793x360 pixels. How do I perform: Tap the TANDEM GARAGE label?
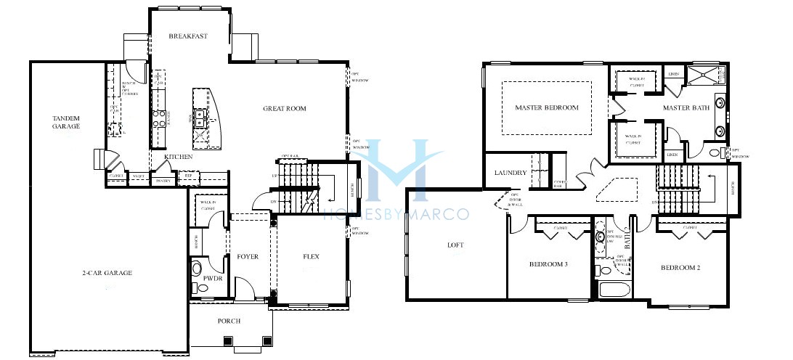tap(66, 122)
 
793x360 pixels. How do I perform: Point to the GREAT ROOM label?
tap(285, 109)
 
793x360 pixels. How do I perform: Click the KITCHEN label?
tap(178, 157)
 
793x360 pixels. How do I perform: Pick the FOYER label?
tap(248, 257)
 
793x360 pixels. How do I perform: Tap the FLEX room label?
tap(312, 257)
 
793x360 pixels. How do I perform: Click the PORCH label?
tap(229, 321)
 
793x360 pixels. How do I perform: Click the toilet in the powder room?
tap(197, 269)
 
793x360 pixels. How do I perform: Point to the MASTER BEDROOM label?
tap(547, 108)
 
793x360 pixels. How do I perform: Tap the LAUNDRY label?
tap(510, 173)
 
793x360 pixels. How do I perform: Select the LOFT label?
tap(455, 245)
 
